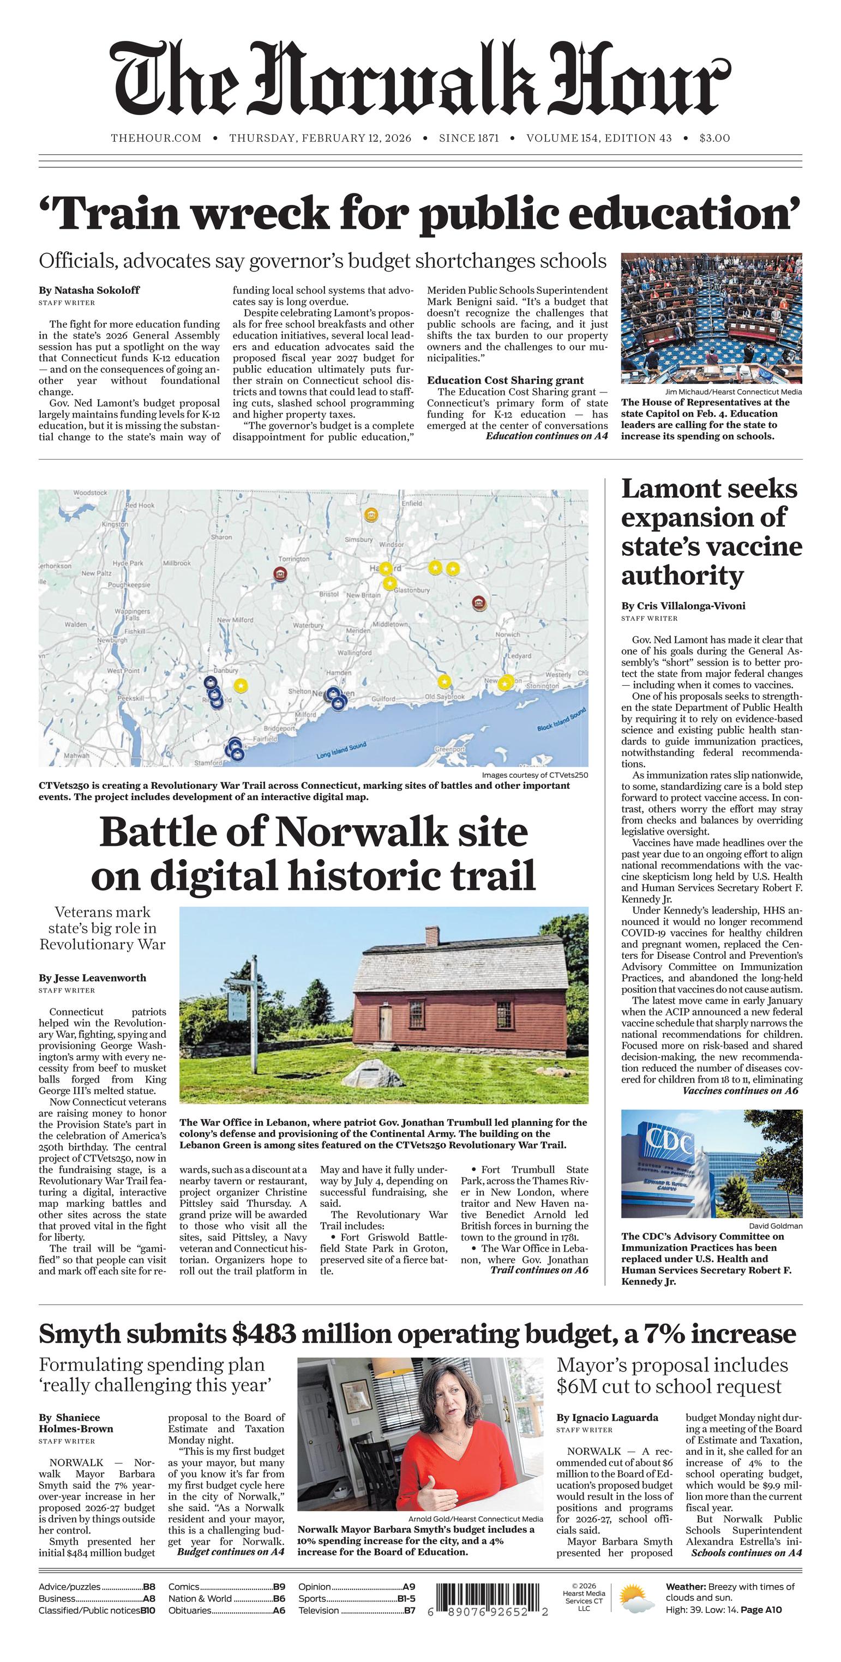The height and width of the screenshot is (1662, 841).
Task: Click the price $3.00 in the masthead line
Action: [714, 138]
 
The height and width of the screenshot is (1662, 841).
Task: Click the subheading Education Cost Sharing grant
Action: [504, 380]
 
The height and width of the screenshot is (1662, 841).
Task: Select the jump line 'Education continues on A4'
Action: [546, 436]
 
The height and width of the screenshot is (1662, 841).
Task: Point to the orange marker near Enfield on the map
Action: [371, 515]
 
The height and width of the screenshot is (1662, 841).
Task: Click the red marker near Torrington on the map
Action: [280, 573]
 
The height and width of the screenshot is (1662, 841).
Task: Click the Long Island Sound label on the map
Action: [341, 750]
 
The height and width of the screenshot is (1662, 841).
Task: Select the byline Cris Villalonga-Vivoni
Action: [683, 606]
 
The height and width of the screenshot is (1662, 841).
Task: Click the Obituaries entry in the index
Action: [190, 1610]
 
